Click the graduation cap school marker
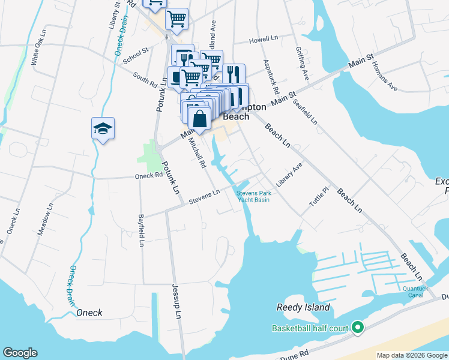coord(103,128)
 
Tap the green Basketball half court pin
coord(358,328)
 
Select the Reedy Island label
coord(303,307)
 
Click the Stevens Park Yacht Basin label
coord(253,196)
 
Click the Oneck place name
coord(89,313)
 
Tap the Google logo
coord(20,353)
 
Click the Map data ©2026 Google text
coord(412,355)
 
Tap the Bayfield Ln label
coord(141,230)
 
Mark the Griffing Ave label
coord(301,65)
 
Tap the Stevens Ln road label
coord(204,195)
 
